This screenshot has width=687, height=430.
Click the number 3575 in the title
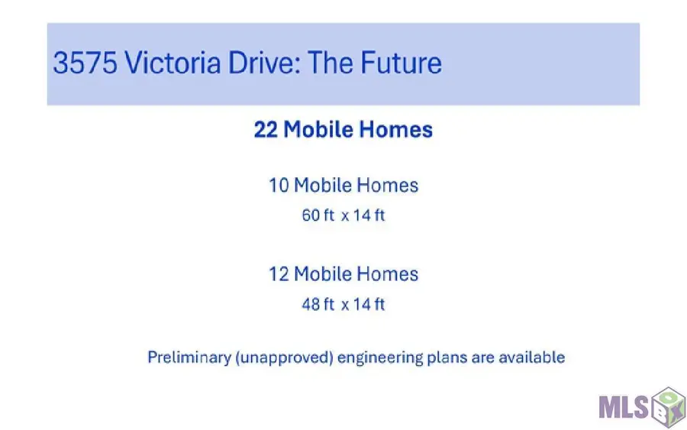pos(85,63)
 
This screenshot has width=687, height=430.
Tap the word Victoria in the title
pos(173,62)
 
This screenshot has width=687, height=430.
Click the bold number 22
pos(266,130)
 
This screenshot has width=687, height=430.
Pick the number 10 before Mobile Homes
pos(279,186)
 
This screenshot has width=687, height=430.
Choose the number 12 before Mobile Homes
pos(279,274)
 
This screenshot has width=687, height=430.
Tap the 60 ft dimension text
pos(318,215)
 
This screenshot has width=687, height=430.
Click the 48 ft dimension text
pos(318,304)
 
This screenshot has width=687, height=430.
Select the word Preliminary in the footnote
pos(189,357)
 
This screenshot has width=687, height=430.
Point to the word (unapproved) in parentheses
pos(285,357)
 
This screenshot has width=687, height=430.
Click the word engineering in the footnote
pos(380,358)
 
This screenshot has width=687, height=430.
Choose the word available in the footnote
pos(532,357)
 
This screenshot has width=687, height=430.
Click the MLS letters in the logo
pos(624,407)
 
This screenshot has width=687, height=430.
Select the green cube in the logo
pos(668,407)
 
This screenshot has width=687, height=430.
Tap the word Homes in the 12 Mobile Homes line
pos(387,274)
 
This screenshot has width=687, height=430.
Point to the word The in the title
pos(331,62)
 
